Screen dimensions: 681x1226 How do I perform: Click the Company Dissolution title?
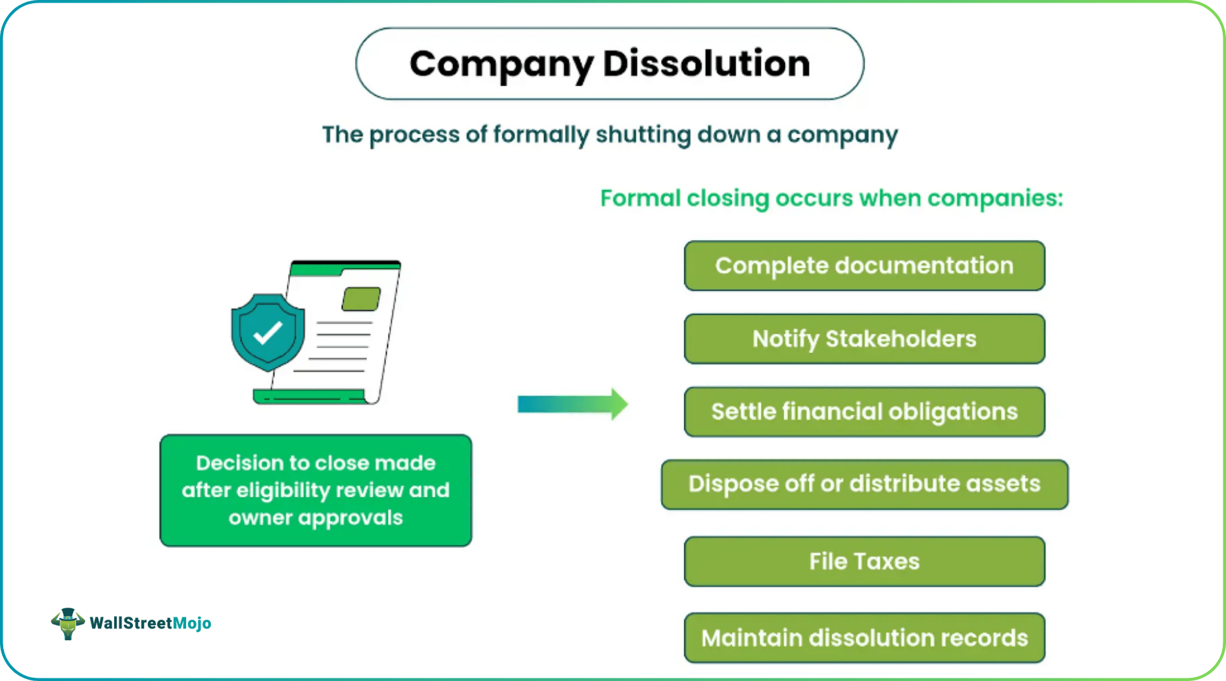[610, 64]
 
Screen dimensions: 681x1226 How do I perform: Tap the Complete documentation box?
[864, 266]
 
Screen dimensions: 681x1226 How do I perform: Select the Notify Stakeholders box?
[864, 339]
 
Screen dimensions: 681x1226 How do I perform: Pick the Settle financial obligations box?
[864, 412]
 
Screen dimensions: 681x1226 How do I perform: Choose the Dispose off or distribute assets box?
[864, 484]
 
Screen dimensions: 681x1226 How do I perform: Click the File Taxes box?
[864, 562]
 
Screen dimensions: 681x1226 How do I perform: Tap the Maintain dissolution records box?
[864, 638]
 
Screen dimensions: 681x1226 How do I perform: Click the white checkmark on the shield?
[267, 333]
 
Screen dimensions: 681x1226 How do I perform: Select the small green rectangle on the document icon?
[361, 299]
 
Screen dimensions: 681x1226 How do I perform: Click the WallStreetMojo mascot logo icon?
[67, 623]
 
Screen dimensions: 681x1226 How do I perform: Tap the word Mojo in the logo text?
[192, 623]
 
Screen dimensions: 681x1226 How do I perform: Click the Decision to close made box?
[315, 490]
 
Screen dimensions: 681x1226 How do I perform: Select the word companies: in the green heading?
[995, 198]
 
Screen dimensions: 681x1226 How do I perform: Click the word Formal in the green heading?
[640, 198]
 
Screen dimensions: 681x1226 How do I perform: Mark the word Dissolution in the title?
[706, 64]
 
